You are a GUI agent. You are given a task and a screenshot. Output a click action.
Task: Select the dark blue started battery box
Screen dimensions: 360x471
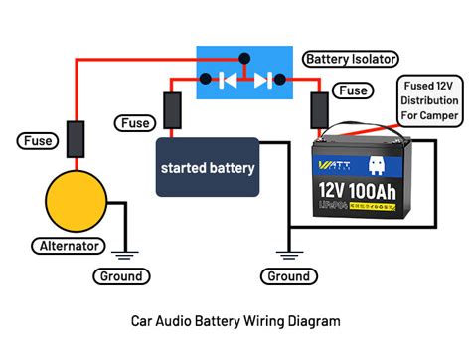click(208, 168)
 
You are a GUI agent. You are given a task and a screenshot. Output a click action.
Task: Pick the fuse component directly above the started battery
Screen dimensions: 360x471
click(173, 112)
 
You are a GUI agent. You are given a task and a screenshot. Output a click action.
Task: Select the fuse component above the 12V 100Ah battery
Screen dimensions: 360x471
click(320, 111)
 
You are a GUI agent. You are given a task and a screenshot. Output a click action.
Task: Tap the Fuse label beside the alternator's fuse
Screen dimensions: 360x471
click(37, 141)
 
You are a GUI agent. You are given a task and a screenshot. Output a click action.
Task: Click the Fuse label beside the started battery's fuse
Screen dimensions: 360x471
click(134, 123)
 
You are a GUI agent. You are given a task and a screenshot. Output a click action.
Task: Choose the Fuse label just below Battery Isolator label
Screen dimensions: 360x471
click(353, 90)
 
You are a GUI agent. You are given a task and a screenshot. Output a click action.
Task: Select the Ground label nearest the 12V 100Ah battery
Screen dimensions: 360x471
click(288, 276)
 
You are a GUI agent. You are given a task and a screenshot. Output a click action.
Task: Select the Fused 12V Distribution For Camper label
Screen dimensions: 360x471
click(430, 101)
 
